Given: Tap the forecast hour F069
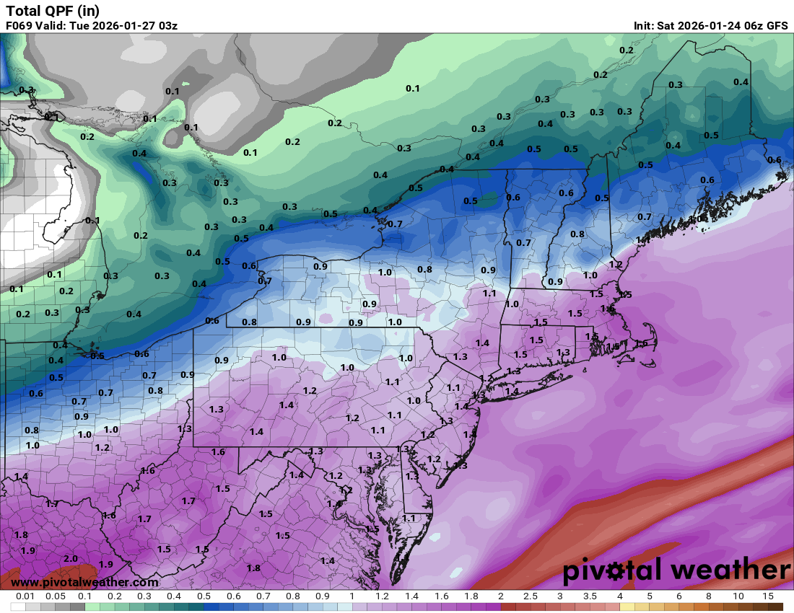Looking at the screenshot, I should pos(20,26).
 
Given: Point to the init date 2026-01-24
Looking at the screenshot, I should pos(712,26).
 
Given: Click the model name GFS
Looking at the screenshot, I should pos(777,26).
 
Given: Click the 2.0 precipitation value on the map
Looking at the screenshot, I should pos(71,559).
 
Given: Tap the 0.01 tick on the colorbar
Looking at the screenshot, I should pos(25,596).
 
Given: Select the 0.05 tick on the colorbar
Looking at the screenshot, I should pos(55,596).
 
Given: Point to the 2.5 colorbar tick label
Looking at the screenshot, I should pos(530,596).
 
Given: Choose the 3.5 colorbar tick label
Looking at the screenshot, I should pos(590,596).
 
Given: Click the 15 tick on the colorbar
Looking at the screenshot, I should pos(768,596).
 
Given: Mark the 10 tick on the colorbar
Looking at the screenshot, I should pos(738,596).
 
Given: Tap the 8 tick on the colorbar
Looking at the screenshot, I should pos(708,596).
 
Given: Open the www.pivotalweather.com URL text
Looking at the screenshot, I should pos(84,582).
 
